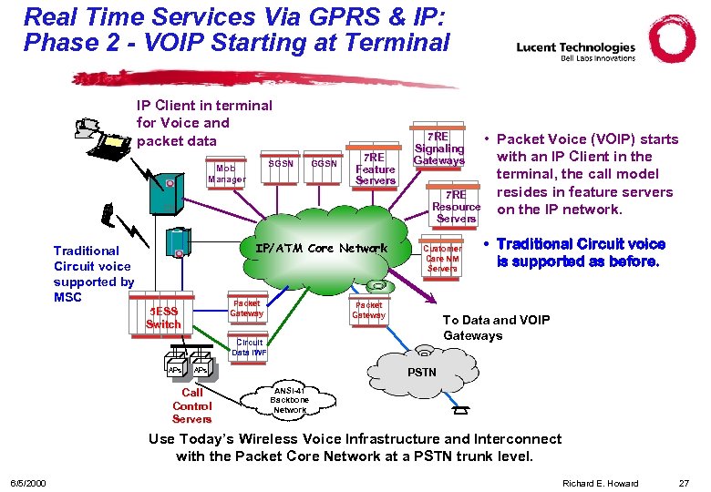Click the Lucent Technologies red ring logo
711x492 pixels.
coord(673,40)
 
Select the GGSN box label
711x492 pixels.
coord(324,164)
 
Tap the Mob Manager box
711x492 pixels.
coord(226,174)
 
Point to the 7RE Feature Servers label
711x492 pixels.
coord(375,169)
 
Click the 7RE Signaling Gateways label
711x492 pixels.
coord(438,148)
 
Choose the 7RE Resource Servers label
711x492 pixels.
coord(456,207)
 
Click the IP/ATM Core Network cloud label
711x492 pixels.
coord(321,248)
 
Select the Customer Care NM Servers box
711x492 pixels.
coord(443,258)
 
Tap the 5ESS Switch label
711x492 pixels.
coord(163,318)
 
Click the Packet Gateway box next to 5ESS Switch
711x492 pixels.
coord(246,309)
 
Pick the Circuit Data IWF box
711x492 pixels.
coord(249,347)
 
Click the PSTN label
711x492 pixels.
coord(421,372)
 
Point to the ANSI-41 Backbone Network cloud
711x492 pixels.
coord(290,400)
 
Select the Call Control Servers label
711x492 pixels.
coord(191,406)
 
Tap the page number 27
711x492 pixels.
coord(684,482)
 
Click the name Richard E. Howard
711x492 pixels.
coord(601,482)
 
